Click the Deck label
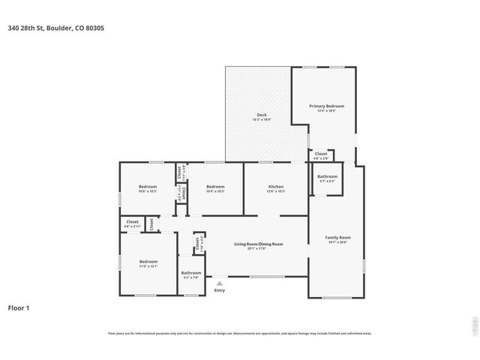pos(262,115)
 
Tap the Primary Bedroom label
pos(322,106)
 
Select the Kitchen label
pos(276,186)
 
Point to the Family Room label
pos(337,238)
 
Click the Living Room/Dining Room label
pos(258,244)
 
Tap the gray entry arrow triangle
pos(219,283)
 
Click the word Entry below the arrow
pos(219,291)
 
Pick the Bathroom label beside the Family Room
pos(327,176)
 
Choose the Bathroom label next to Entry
pos(190,273)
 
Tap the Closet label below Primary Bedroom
pos(320,154)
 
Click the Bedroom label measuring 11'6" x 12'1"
pos(148,262)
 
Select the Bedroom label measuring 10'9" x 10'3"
pos(216,186)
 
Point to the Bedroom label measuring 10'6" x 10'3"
pos(148,186)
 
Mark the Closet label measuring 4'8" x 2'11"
pos(132,221)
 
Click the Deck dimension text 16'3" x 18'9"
pos(262,120)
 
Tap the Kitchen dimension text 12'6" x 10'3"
pos(276,191)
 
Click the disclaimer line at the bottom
pos(240,333)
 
